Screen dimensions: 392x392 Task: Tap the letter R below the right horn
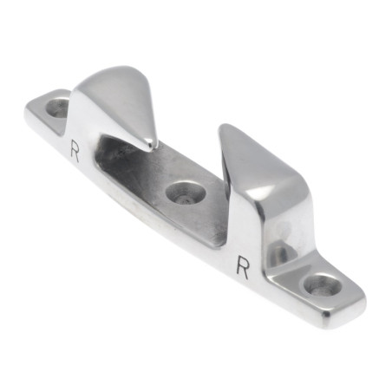(243, 267)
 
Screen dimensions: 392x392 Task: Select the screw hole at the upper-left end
(58, 108)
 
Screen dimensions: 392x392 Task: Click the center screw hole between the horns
(186, 193)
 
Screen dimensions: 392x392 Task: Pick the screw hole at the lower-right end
(323, 285)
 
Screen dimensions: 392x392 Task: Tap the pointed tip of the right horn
(224, 127)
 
